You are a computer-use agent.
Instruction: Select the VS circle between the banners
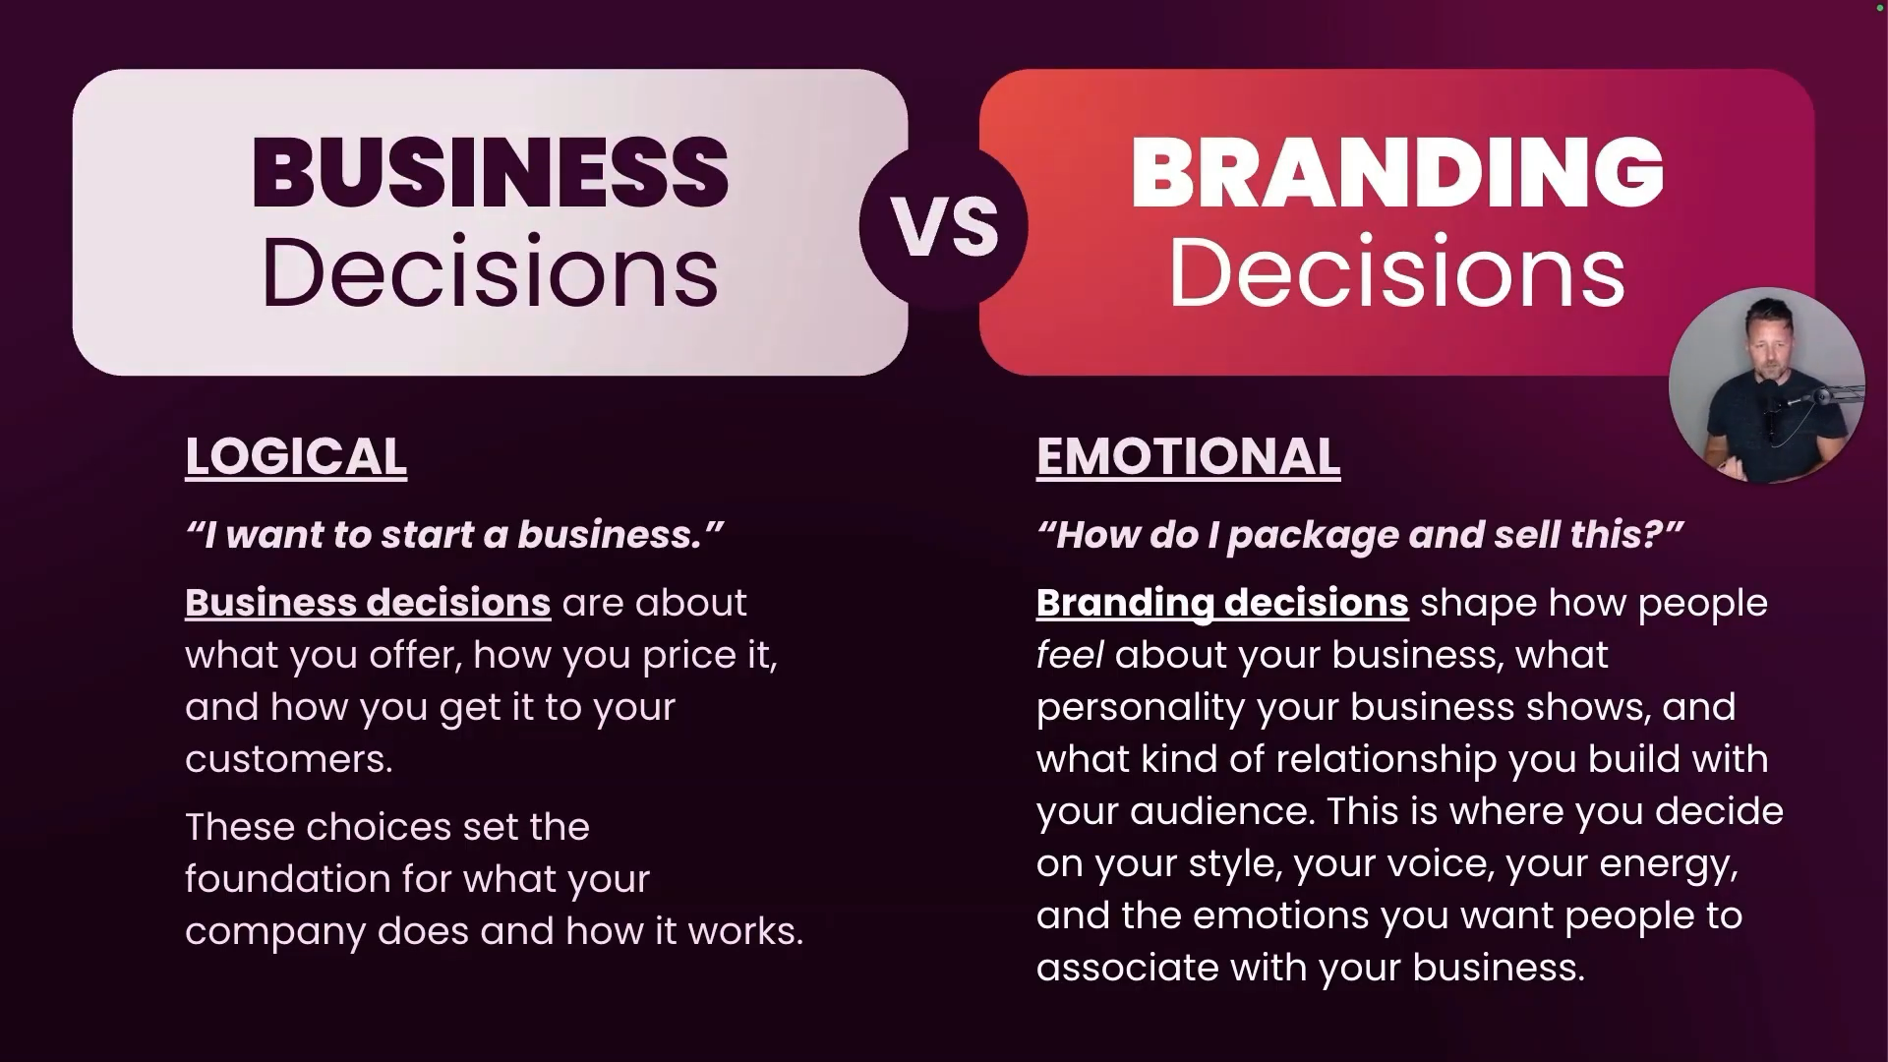944,226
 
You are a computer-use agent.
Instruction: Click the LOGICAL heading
296,457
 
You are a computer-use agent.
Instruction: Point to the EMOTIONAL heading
1188,457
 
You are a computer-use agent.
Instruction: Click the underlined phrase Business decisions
368,603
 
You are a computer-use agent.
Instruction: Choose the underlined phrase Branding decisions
1222,603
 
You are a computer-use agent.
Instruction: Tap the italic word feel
1070,655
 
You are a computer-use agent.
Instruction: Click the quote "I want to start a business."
454,535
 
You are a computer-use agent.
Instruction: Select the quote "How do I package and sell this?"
1360,535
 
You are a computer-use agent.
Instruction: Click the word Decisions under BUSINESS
490,272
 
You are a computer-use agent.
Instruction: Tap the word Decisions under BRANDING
1396,272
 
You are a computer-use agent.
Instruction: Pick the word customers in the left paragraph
289,760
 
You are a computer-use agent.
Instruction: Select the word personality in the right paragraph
1141,708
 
